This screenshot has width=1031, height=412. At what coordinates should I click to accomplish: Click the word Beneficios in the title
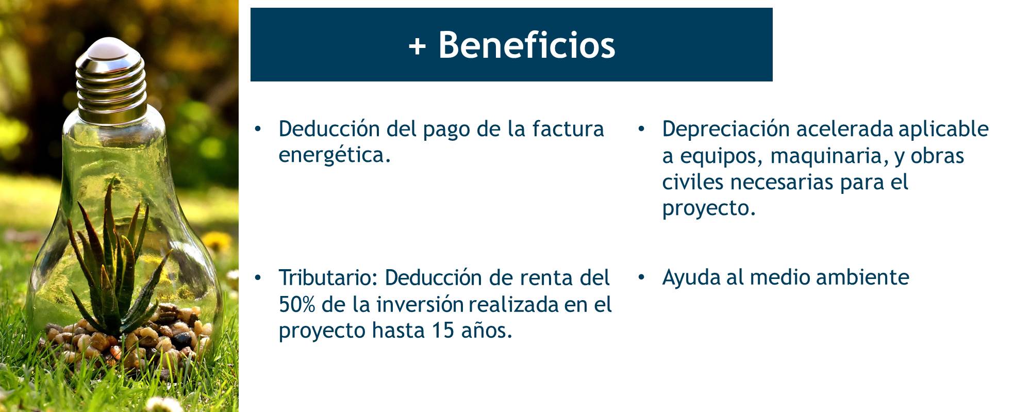(527, 45)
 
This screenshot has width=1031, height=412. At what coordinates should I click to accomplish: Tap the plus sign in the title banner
(417, 46)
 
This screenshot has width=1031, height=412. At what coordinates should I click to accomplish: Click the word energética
(335, 155)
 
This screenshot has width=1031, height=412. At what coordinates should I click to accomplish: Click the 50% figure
(297, 304)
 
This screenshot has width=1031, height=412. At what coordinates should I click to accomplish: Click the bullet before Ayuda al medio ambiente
(641, 278)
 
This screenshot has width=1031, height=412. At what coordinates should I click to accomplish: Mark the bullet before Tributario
(258, 278)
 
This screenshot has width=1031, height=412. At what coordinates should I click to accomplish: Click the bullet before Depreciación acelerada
(641, 129)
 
